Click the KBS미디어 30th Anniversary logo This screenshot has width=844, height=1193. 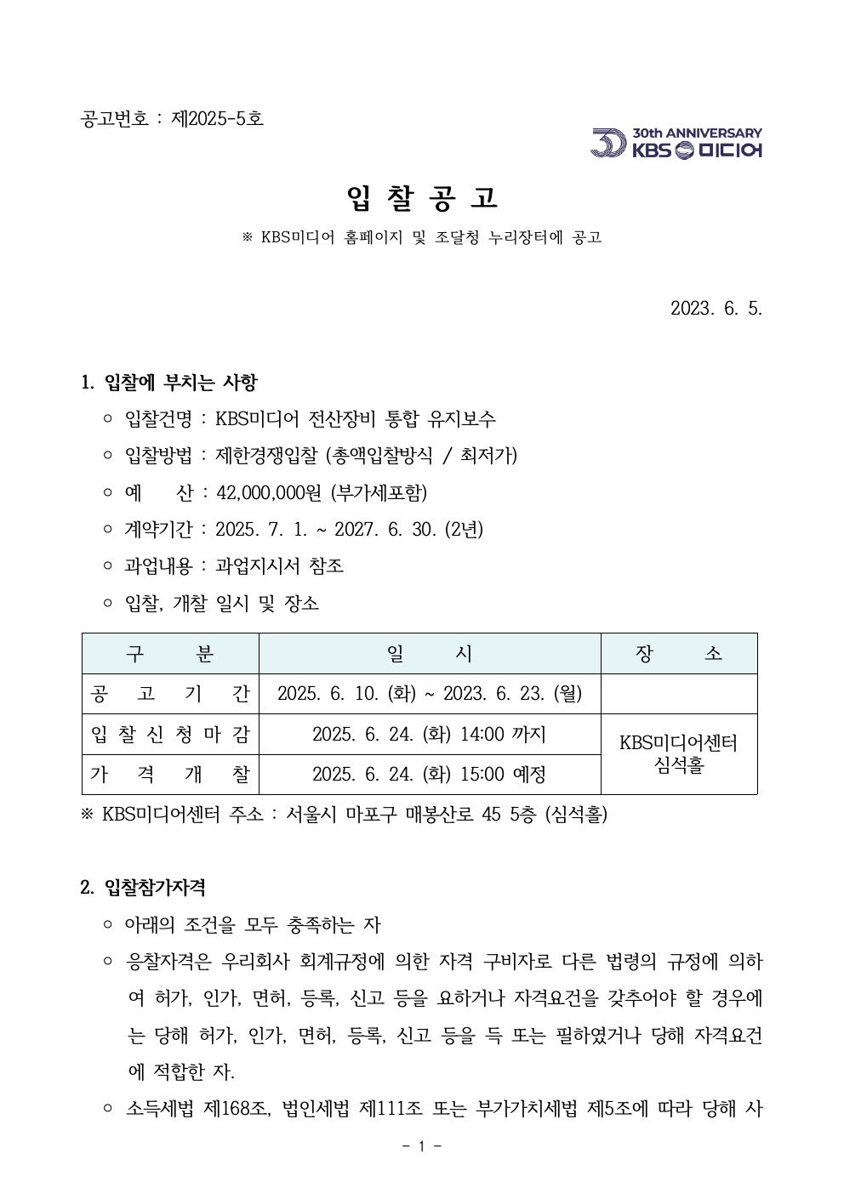pyautogui.click(x=676, y=143)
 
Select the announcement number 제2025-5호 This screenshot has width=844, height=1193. pyautogui.click(x=218, y=118)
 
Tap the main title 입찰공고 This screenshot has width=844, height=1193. pyautogui.click(x=422, y=198)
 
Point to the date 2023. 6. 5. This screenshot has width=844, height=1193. pyautogui.click(x=716, y=308)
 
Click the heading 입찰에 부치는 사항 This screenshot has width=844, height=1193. pyautogui.click(x=180, y=383)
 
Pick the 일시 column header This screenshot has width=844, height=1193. pyautogui.click(x=430, y=653)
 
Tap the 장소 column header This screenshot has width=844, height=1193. pyautogui.click(x=678, y=653)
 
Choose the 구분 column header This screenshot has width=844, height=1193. pyautogui.click(x=170, y=653)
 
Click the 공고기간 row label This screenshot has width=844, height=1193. pyautogui.click(x=170, y=694)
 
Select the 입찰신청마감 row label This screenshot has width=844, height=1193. pyautogui.click(x=170, y=734)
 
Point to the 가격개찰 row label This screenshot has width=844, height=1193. pyautogui.click(x=170, y=774)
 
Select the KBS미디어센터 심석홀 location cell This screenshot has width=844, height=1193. pyautogui.click(x=678, y=754)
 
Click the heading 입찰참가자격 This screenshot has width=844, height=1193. pyautogui.click(x=155, y=888)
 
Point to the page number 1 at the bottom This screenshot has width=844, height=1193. pyautogui.click(x=422, y=1146)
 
